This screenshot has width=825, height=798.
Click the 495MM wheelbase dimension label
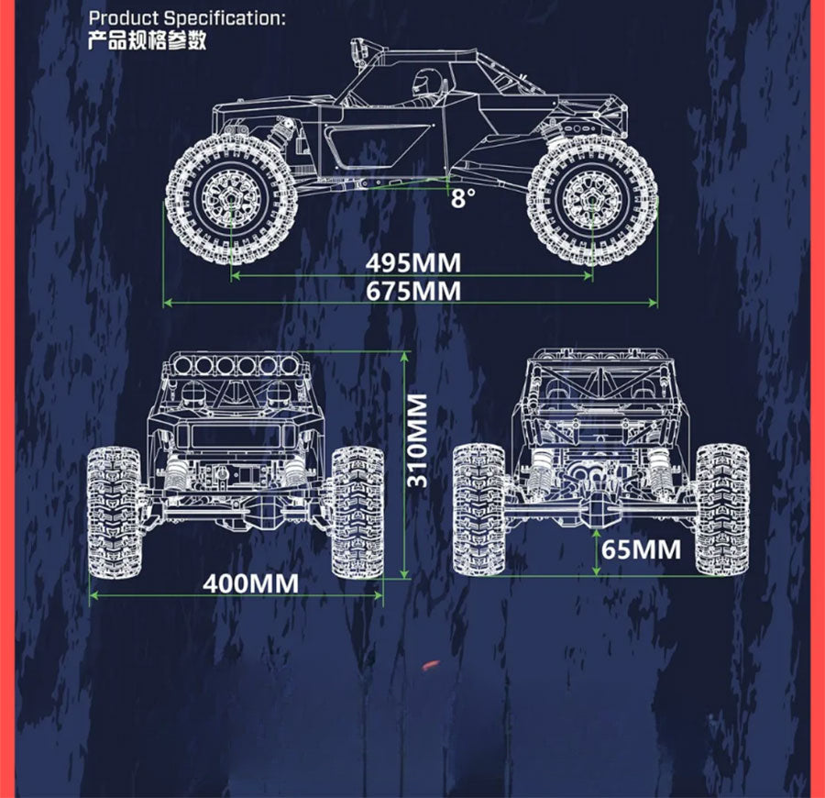413,263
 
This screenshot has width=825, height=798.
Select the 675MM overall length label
413,291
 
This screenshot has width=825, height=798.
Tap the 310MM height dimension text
418,440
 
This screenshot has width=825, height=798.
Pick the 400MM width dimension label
250,583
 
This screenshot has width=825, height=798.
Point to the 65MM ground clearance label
641,549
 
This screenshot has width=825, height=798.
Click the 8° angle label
463,198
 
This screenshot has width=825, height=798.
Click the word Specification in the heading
225,18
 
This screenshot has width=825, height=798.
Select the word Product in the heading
124,18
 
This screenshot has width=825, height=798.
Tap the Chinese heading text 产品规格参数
147,40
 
